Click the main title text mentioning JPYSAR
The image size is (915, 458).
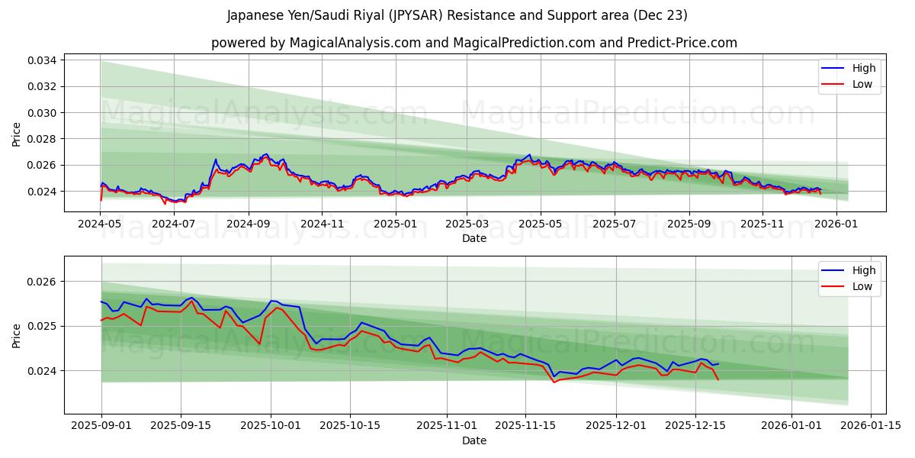pyautogui.click(x=457, y=15)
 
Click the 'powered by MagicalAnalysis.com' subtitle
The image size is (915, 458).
pyautogui.click(x=474, y=43)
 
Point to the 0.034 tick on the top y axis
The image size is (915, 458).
pyautogui.click(x=43, y=60)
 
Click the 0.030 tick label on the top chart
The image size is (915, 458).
pyautogui.click(x=43, y=113)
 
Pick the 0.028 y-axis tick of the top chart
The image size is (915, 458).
pyautogui.click(x=43, y=139)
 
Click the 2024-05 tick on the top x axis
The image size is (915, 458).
pyautogui.click(x=101, y=224)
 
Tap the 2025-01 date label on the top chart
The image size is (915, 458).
pyautogui.click(x=395, y=224)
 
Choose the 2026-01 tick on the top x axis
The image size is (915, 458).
pyautogui.click(x=836, y=224)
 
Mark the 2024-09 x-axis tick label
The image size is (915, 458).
pyautogui.click(x=249, y=224)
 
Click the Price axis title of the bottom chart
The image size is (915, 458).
pyautogui.click(x=17, y=335)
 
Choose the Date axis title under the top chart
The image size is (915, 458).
pyautogui.click(x=474, y=238)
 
